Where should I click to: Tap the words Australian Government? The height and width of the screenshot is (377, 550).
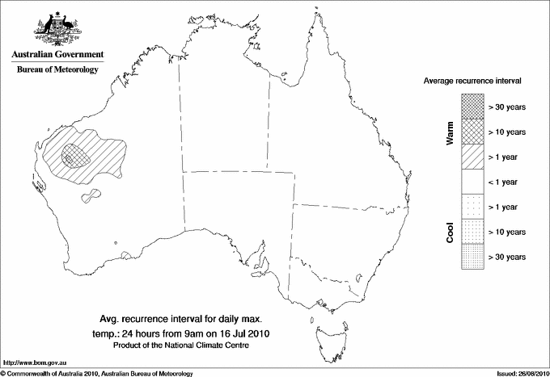(x=57, y=55)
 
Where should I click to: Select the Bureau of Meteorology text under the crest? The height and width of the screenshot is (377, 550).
(x=57, y=70)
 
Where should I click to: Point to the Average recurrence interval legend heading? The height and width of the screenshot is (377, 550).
(x=473, y=82)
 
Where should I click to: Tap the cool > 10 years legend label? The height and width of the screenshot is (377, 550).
(x=506, y=232)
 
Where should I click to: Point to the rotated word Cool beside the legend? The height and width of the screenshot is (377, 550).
(x=449, y=232)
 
